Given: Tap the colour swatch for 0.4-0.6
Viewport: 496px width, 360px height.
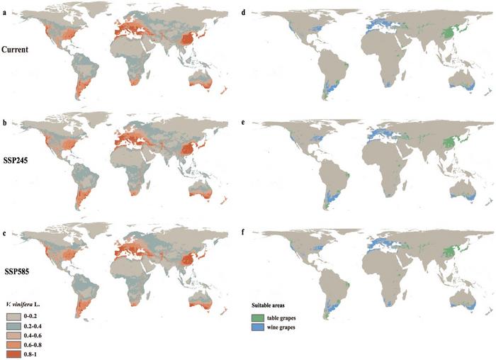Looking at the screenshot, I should tap(14, 334).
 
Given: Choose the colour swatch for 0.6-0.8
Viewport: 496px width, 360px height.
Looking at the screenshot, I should tap(14, 345).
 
